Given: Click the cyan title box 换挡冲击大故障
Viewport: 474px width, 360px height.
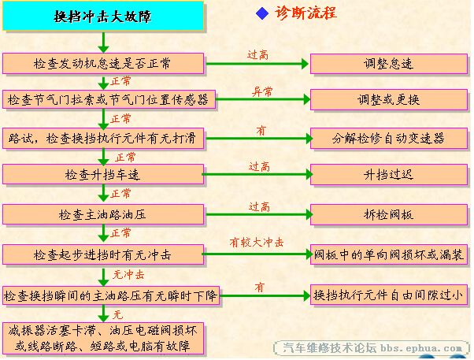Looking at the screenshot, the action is (103, 16).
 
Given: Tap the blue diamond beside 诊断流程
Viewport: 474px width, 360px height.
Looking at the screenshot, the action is (262, 13).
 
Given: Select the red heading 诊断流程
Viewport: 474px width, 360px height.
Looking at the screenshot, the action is (306, 13).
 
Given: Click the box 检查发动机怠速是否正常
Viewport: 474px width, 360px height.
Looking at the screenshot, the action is (103, 64).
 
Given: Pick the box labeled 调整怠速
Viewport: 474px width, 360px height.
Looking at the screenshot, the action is (389, 64).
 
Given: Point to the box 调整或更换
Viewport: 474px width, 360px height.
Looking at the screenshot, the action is (389, 99).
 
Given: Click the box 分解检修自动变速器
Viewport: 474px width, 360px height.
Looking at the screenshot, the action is (389, 139).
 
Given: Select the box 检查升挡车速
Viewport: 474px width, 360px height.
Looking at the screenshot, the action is (103, 174).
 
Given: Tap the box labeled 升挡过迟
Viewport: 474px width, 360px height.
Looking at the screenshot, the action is (389, 175).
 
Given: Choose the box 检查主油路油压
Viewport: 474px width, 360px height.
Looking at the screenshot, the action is (103, 214).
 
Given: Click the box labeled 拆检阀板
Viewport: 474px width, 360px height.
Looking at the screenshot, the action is (389, 214).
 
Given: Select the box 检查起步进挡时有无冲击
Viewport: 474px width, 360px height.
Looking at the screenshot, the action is (103, 254).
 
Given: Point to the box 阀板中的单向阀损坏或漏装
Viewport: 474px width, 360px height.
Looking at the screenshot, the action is (389, 254).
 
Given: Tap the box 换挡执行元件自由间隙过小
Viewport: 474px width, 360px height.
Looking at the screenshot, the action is (389, 295).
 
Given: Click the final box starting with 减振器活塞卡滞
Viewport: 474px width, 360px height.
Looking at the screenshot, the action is (103, 338).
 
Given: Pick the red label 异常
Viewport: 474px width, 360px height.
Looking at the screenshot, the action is (261, 91).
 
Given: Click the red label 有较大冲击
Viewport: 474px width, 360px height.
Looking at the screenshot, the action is (257, 242).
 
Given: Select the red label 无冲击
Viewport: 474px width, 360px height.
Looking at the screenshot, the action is (128, 275).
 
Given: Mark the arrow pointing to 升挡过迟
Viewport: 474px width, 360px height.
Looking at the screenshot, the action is (257, 174).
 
